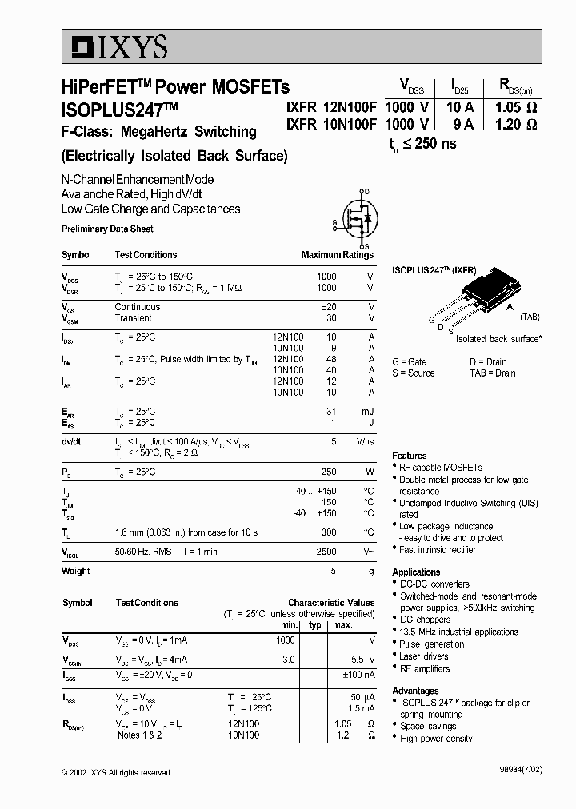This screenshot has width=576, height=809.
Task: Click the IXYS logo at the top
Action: (117, 49)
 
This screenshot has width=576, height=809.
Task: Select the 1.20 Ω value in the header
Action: (515, 124)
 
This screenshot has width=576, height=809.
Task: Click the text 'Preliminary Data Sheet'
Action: (107, 229)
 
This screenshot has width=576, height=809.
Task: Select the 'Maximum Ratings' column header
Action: (337, 255)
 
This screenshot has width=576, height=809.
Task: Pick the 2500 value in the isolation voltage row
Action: (326, 552)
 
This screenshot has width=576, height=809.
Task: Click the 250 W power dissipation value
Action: (328, 472)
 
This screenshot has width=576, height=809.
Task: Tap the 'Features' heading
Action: (409, 456)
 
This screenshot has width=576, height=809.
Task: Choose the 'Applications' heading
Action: (416, 572)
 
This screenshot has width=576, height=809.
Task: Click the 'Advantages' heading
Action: (415, 691)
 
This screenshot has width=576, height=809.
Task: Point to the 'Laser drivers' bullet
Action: (424, 656)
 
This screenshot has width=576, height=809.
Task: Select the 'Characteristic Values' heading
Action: (330, 603)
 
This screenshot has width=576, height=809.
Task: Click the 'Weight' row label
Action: (75, 571)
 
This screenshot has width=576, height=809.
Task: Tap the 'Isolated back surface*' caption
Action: (498, 339)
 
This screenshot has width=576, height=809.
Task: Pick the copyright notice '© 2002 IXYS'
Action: (116, 772)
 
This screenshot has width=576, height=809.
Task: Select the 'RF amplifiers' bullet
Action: (425, 668)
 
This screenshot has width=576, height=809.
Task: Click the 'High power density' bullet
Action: (437, 738)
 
